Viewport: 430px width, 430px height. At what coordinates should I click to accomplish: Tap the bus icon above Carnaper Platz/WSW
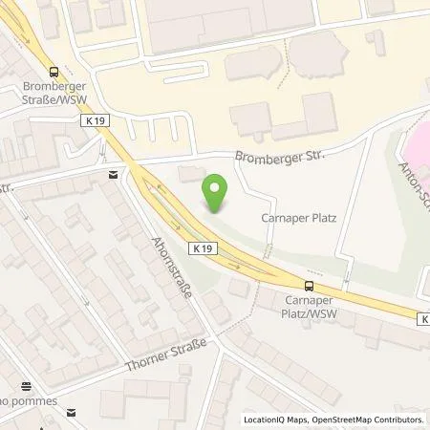point(308,285)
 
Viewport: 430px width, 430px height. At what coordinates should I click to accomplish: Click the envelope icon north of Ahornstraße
point(114,174)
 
